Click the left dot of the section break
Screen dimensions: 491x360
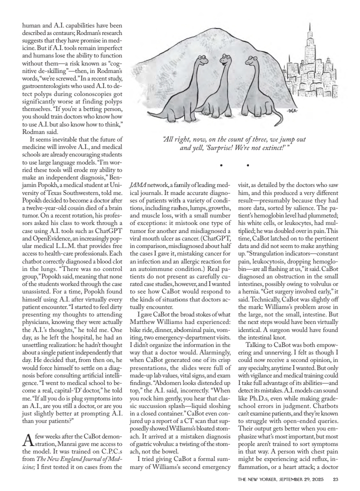(x=220, y=165)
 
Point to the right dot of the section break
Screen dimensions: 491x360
(x=248, y=165)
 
